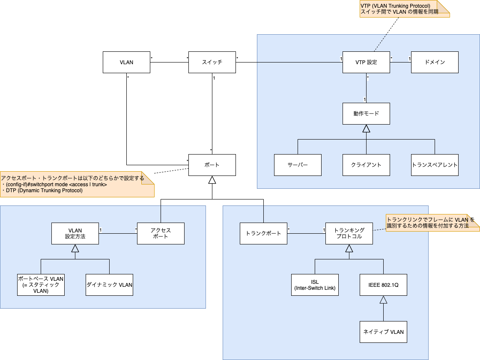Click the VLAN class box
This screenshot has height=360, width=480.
(x=126, y=62)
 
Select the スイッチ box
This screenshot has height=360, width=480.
(x=212, y=62)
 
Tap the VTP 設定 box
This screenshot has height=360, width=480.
(x=366, y=62)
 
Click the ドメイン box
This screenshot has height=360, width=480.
(x=435, y=62)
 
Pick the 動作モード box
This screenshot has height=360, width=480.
(x=366, y=113)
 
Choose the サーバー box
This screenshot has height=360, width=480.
(x=298, y=165)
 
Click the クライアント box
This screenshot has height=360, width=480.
(x=366, y=165)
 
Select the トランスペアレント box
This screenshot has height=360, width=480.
(x=435, y=165)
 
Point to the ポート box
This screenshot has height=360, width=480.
(x=212, y=165)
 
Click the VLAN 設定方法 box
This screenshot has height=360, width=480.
(x=75, y=233)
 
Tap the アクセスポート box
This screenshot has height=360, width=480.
(x=161, y=233)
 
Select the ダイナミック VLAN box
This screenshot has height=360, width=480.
(x=109, y=285)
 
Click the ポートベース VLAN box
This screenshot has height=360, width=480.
(x=41, y=285)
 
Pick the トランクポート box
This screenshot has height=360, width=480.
(x=263, y=233)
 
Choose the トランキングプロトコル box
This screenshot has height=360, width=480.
(x=349, y=233)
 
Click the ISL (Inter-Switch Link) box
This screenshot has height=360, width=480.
(x=315, y=285)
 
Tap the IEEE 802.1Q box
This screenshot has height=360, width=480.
(x=383, y=285)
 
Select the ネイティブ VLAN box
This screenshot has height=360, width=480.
(x=383, y=332)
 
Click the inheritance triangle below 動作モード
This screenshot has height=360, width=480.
(x=366, y=128)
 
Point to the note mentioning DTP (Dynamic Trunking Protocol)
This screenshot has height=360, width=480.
(x=77, y=184)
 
